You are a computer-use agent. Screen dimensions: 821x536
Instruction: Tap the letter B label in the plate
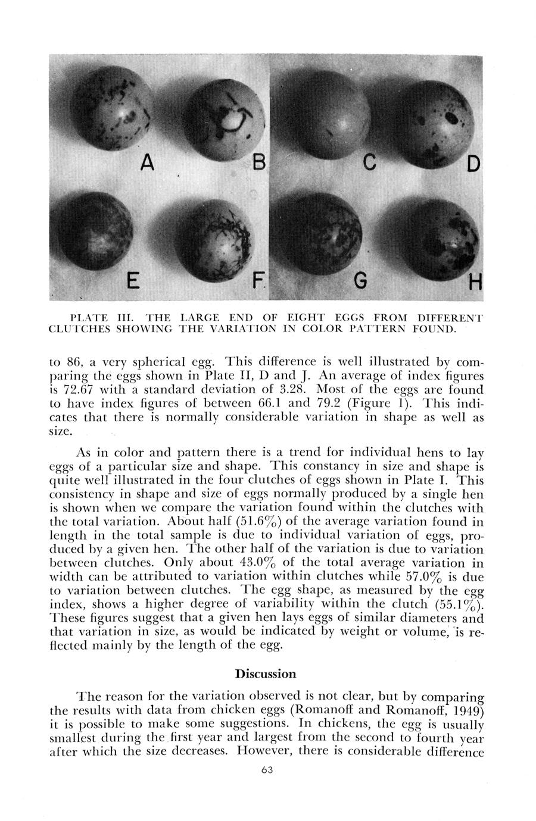259,161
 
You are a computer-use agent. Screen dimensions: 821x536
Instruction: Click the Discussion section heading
266,673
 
